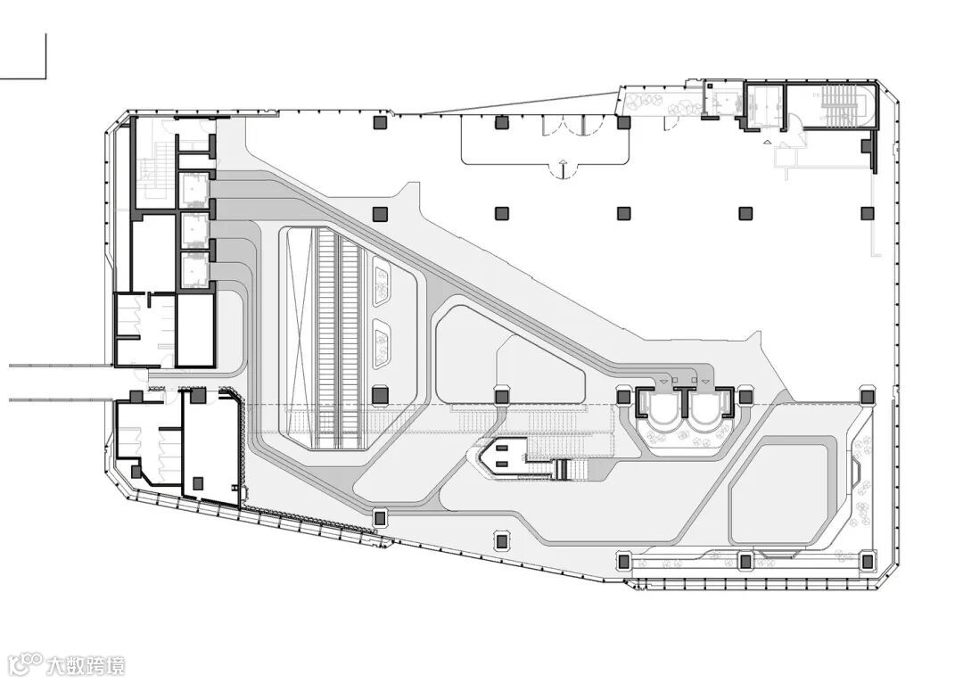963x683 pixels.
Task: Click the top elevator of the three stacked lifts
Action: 194,188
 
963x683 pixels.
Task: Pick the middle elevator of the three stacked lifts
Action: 194,229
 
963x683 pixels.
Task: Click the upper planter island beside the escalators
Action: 383,282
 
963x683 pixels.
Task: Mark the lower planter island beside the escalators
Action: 384,346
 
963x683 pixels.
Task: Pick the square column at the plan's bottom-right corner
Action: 865,561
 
